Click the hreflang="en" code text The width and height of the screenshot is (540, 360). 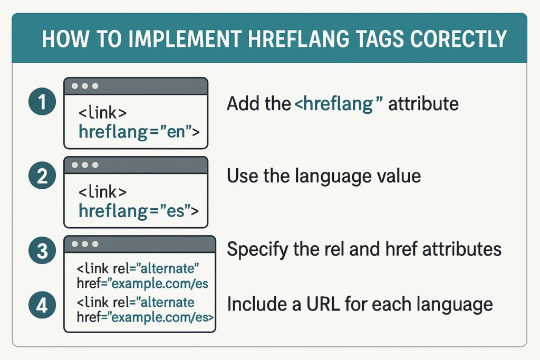point(139,131)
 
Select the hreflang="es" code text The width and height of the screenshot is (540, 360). point(139,211)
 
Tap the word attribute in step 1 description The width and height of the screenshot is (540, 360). point(423,103)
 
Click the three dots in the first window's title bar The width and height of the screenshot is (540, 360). point(85,85)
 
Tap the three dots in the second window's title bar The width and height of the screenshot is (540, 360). point(85,165)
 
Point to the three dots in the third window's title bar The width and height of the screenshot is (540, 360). point(85,245)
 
